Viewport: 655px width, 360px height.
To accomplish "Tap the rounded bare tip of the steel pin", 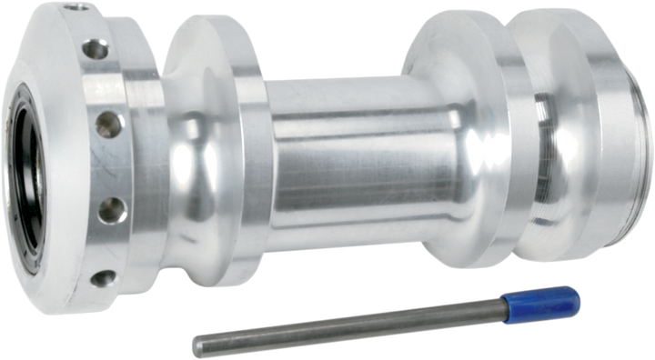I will pos(195,343).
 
